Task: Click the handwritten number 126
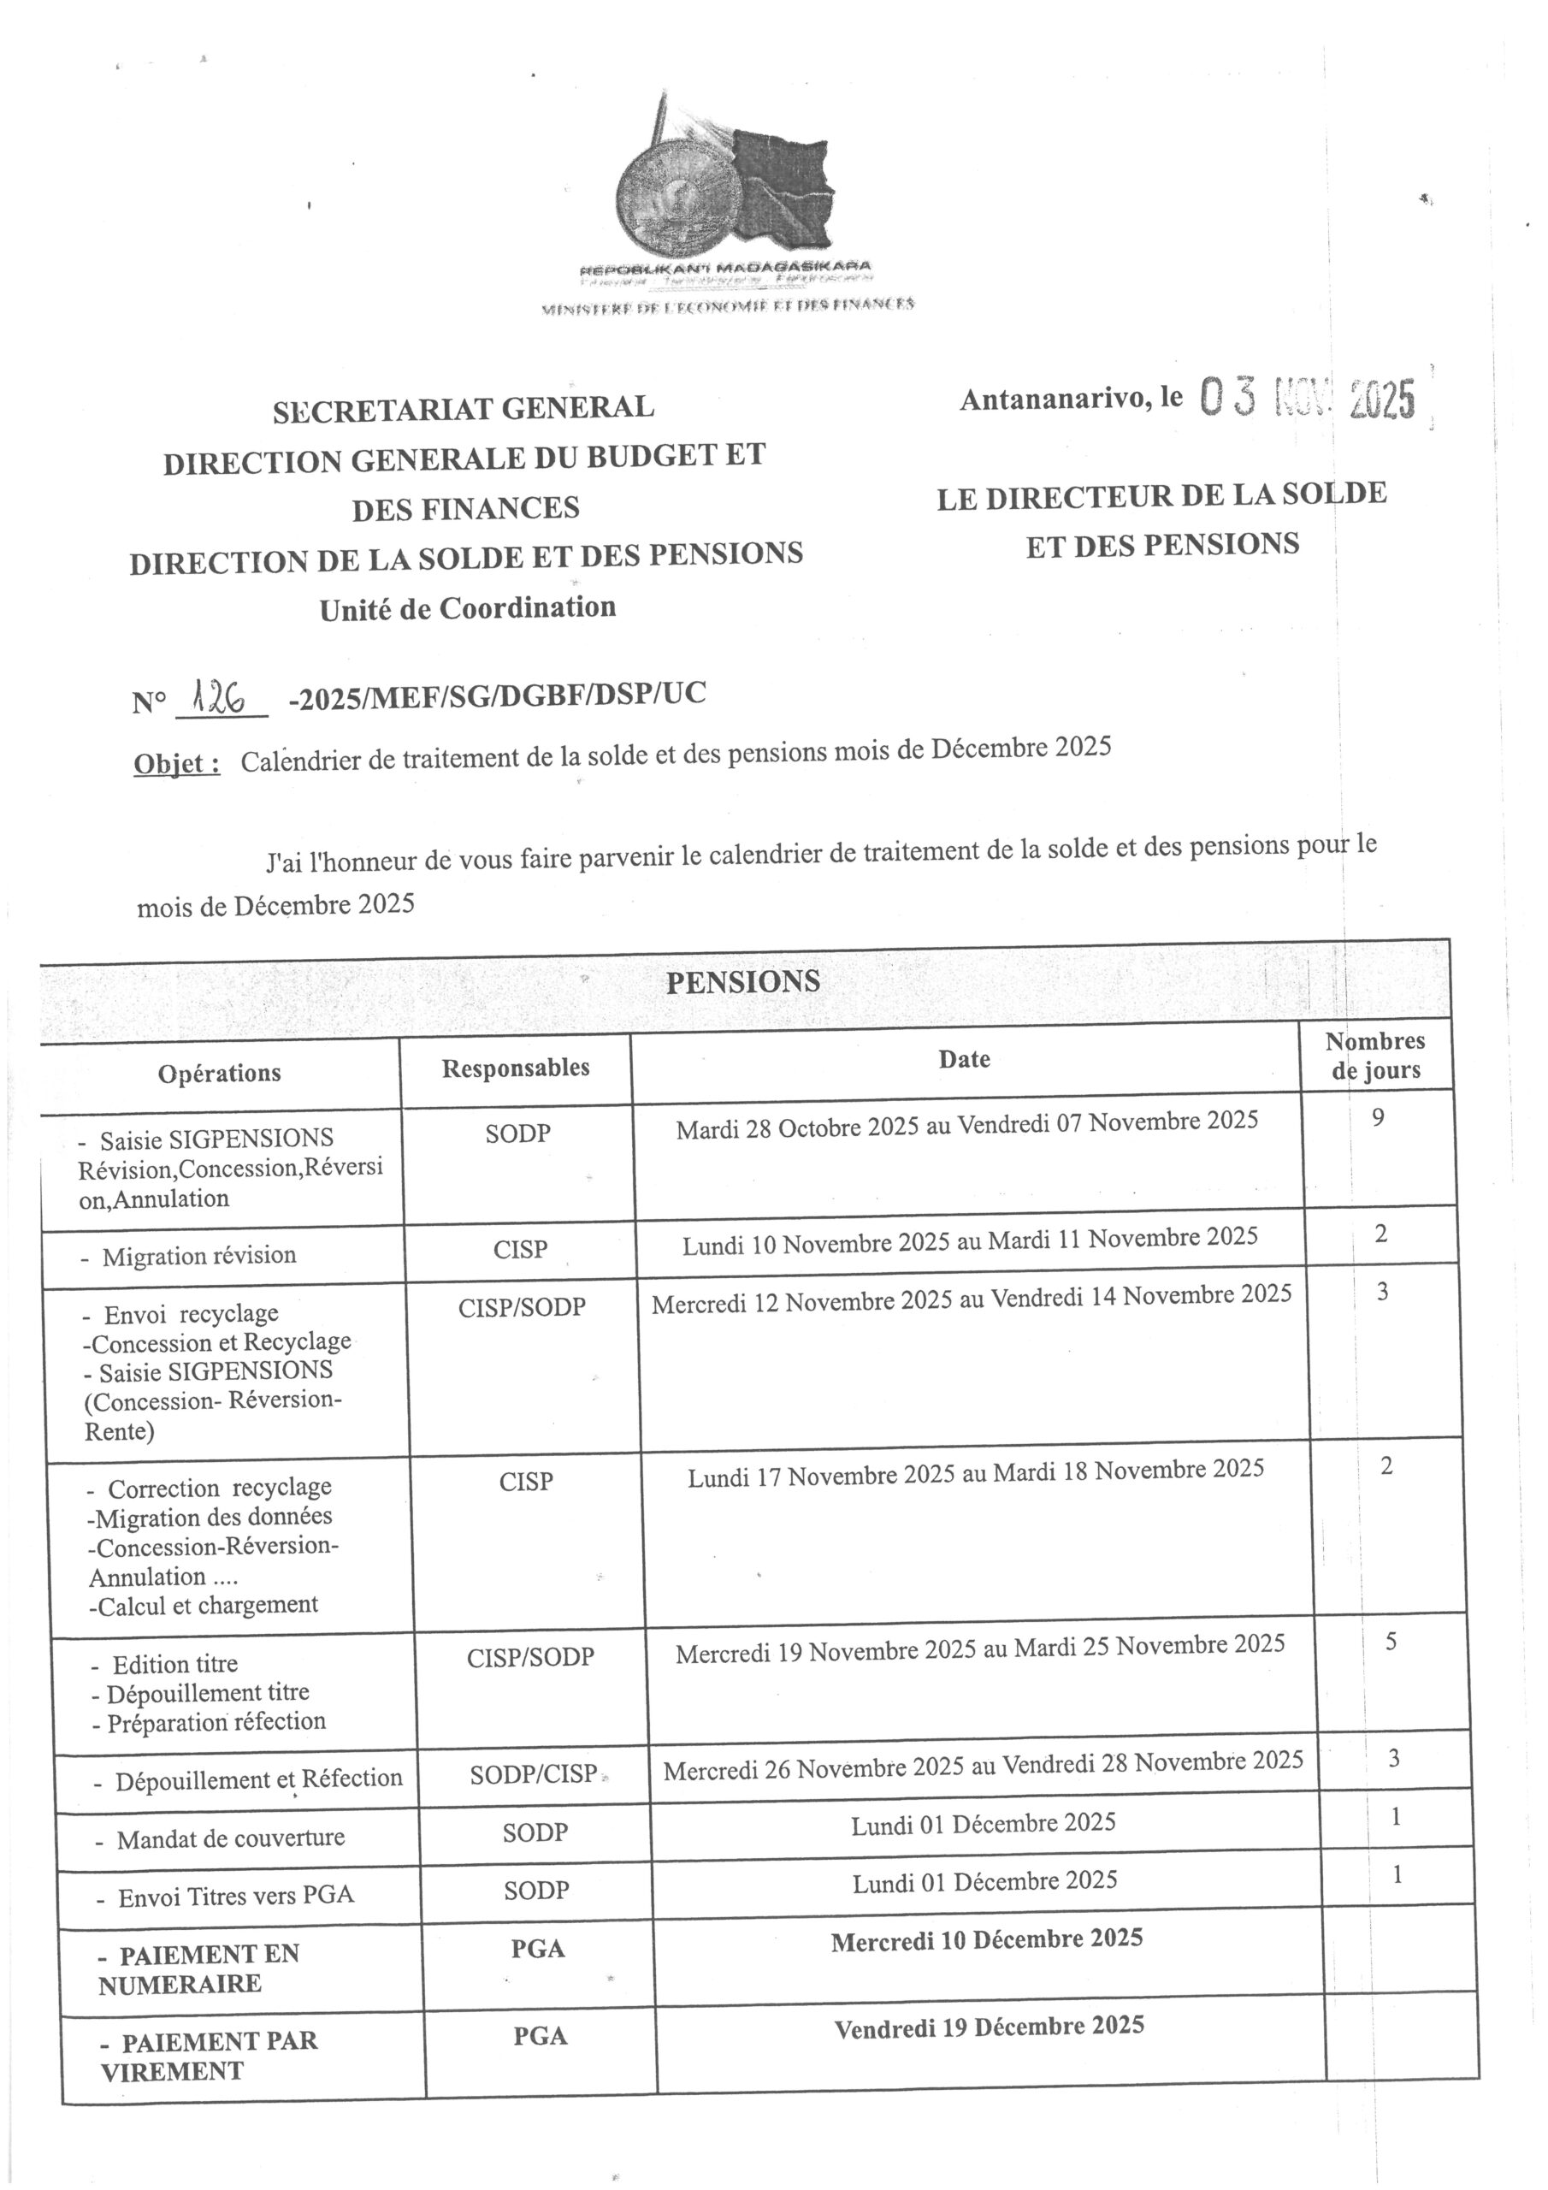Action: [x=217, y=699]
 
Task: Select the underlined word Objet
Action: [x=176, y=764]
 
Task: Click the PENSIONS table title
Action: [x=742, y=981]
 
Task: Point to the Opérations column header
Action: [x=220, y=1073]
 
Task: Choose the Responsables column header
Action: [x=515, y=1068]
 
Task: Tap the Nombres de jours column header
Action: [x=1375, y=1056]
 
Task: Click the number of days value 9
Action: [x=1378, y=1117]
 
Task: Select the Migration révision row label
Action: [x=198, y=1255]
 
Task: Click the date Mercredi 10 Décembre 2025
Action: [x=986, y=1940]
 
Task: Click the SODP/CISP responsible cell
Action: [x=533, y=1774]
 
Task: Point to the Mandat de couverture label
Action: [x=230, y=1838]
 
